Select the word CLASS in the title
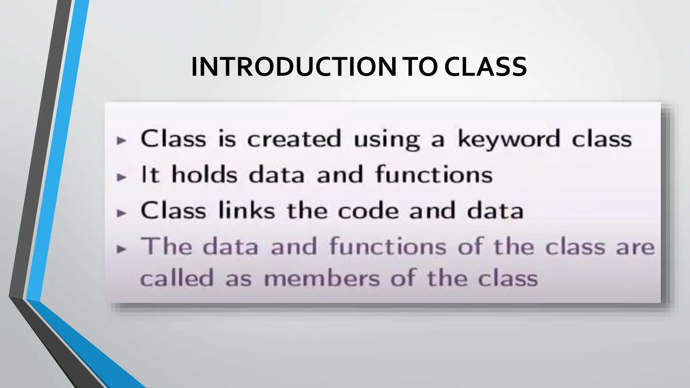[x=485, y=67]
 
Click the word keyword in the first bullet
[x=509, y=139]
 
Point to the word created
[x=294, y=139]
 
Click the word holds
[x=205, y=174]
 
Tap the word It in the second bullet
[x=150, y=174]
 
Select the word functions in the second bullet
[x=434, y=174]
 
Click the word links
[x=247, y=211]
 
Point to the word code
[x=368, y=211]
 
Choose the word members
[x=322, y=279]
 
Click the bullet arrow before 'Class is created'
[x=121, y=140]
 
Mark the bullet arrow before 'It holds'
[x=121, y=177]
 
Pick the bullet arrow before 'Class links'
[x=121, y=213]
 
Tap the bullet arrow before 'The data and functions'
[x=121, y=249]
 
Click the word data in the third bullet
[x=495, y=211]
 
